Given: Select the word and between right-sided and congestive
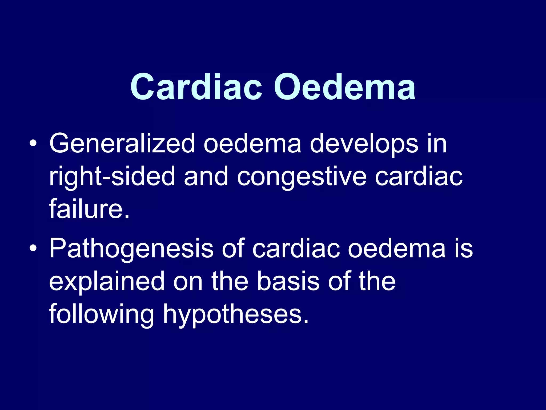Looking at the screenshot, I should click(x=206, y=176).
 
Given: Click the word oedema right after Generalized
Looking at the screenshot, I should click(x=252, y=144).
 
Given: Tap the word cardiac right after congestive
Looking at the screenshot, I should click(x=419, y=176).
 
